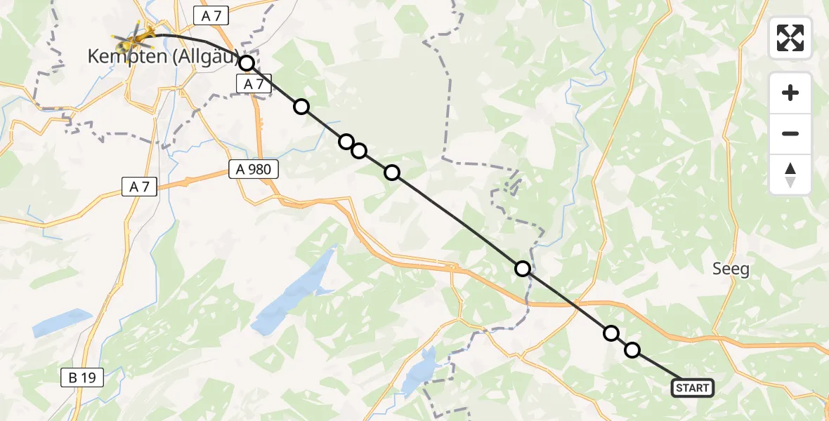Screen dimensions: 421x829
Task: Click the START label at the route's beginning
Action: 693,387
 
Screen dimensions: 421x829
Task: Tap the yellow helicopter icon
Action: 136,32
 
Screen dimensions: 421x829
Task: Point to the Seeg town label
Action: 731,269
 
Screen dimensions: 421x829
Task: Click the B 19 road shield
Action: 82,378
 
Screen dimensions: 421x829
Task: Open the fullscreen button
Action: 790,38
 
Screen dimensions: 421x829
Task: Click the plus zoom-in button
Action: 790,93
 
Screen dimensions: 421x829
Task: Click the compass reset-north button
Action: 790,175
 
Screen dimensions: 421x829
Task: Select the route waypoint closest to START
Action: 632,350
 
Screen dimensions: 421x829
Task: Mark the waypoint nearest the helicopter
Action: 247,63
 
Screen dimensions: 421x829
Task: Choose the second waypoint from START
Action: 611,333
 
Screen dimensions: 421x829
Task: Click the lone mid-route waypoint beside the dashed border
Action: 522,268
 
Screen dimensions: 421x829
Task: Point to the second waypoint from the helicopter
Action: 301,107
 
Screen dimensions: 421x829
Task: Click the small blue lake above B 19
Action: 62,322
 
